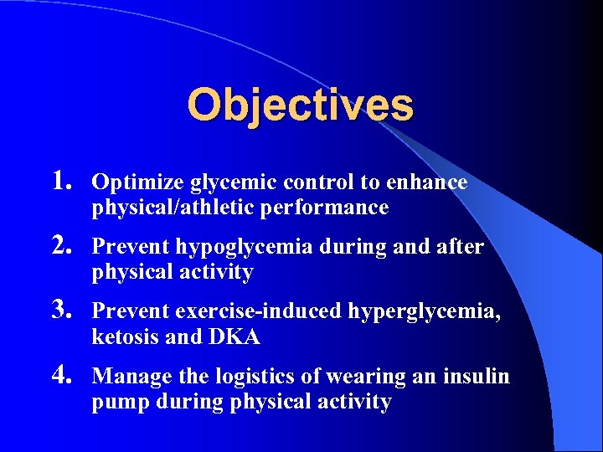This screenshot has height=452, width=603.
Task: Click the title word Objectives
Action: click(x=300, y=105)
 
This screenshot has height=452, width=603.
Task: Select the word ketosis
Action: click(x=121, y=337)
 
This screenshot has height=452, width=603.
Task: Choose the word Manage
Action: click(x=125, y=378)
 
